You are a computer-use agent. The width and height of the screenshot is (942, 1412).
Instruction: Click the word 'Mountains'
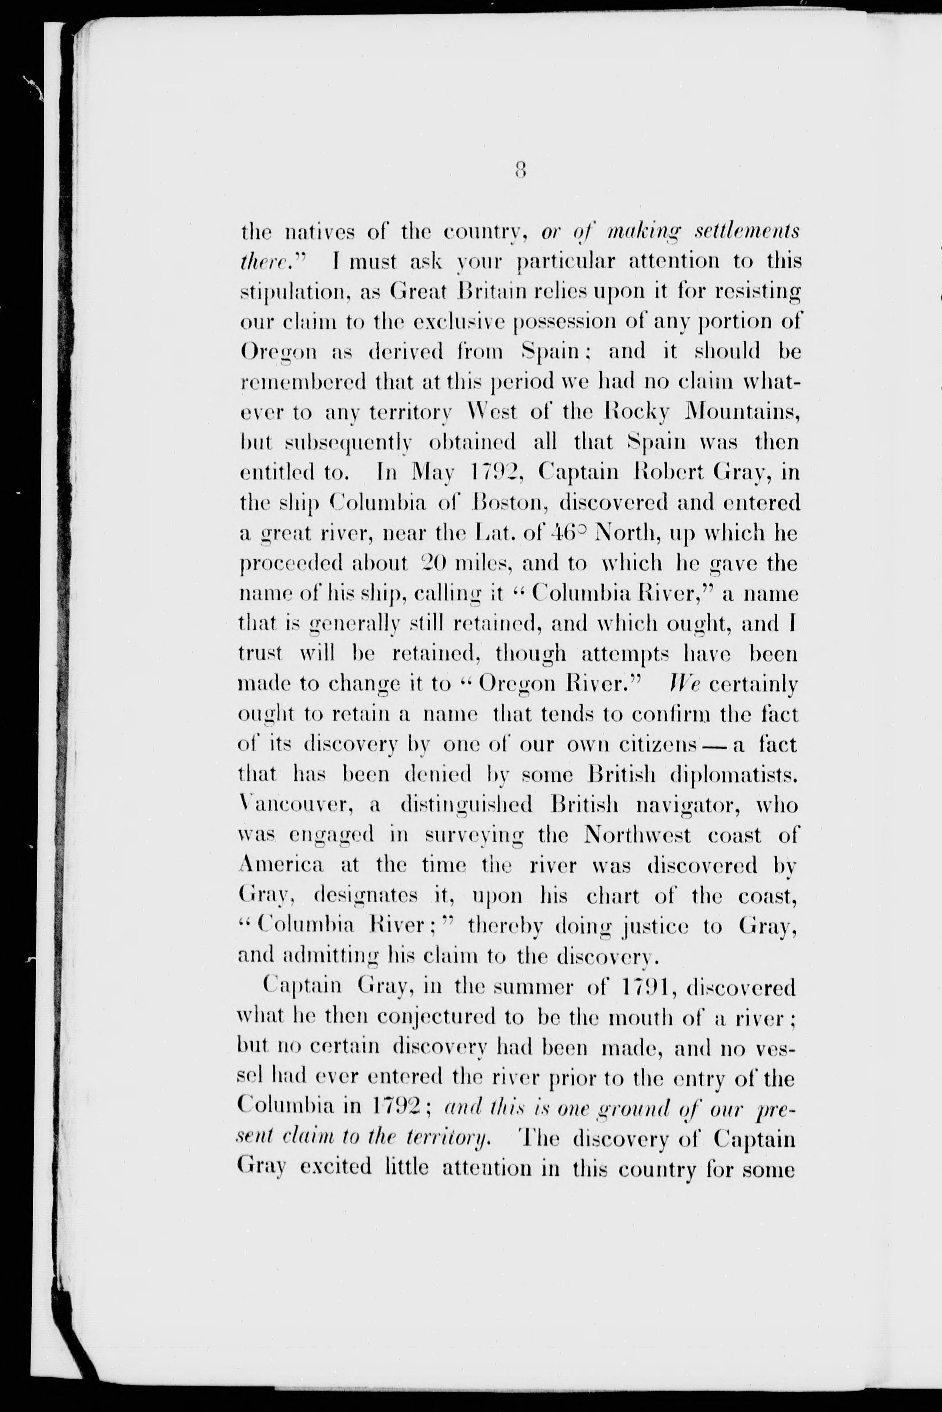742,413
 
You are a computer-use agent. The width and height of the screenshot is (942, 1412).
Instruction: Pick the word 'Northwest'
637,836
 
